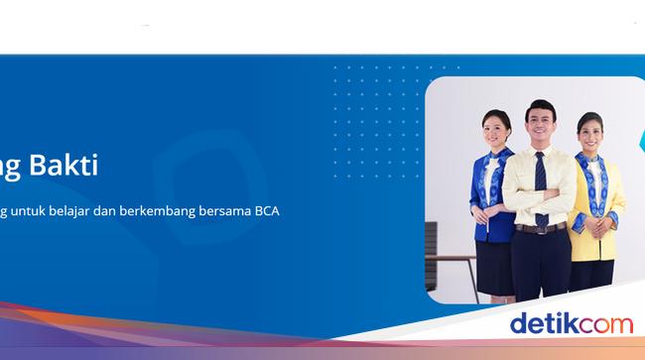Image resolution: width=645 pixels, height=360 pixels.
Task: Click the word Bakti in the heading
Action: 67,165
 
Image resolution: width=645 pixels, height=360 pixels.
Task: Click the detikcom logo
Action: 571,323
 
